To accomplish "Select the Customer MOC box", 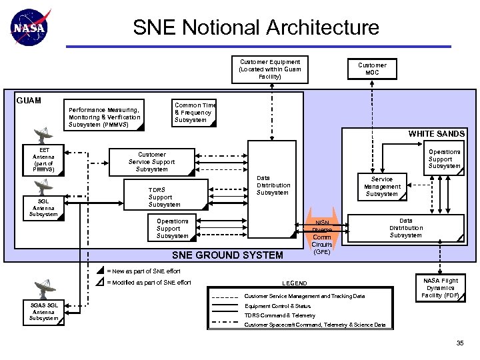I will (372, 69).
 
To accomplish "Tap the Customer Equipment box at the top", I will (270, 69).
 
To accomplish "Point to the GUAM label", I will (28, 101).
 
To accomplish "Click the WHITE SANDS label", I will (437, 134).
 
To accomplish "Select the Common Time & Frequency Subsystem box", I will (195, 112).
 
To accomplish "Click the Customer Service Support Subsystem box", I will (152, 162).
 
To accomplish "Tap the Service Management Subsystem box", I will (382, 186).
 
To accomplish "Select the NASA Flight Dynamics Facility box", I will (440, 288).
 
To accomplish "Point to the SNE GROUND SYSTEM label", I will (227, 255).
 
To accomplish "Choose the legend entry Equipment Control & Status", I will (277, 306).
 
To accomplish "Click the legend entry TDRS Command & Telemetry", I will (280, 315).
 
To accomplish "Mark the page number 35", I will (459, 343).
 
